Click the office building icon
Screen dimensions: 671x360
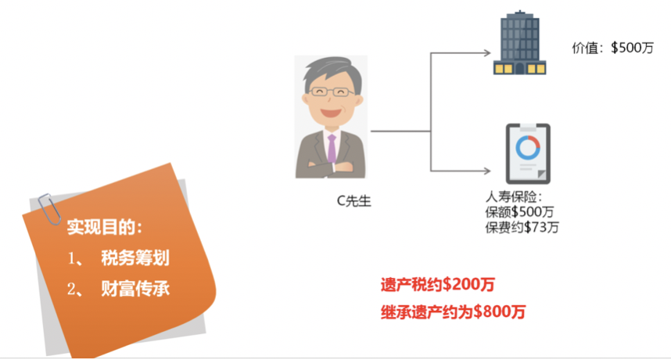pyautogui.click(x=518, y=44)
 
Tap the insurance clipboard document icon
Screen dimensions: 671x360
pyautogui.click(x=525, y=153)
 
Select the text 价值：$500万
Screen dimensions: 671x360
pyautogui.click(x=613, y=48)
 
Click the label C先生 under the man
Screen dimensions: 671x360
pyautogui.click(x=353, y=201)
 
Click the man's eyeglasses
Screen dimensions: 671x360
pyautogui.click(x=330, y=92)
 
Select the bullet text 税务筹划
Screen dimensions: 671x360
pyautogui.click(x=135, y=258)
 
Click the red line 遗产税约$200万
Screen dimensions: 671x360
pyautogui.click(x=437, y=284)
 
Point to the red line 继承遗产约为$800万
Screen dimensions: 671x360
pyautogui.click(x=453, y=312)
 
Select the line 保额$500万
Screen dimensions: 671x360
pyautogui.click(x=520, y=213)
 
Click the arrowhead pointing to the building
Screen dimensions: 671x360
pyautogui.click(x=486, y=54)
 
